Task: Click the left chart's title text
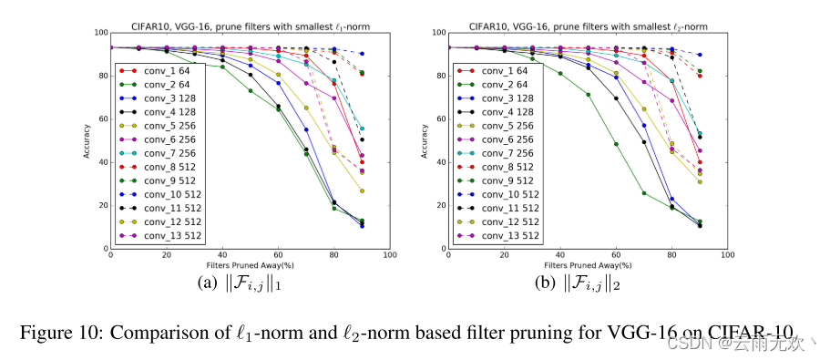point(250,26)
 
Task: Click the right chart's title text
point(588,26)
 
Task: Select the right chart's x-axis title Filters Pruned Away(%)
point(588,264)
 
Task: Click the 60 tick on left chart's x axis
point(278,256)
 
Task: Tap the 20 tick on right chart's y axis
point(439,206)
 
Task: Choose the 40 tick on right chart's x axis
point(560,256)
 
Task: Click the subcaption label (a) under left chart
point(208,283)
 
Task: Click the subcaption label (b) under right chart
point(546,283)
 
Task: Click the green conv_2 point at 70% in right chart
point(644,193)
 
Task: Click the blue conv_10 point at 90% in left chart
point(362,54)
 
